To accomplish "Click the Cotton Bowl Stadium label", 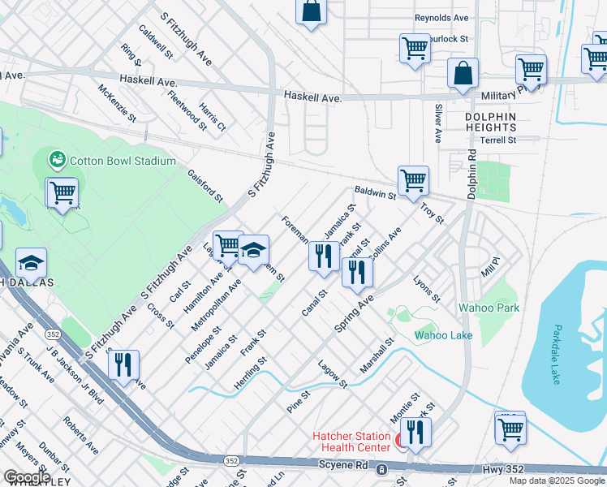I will pyautogui.click(x=123, y=161).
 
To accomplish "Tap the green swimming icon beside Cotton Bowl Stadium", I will pyautogui.click(x=58, y=160).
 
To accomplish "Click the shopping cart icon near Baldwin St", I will pyautogui.click(x=413, y=181).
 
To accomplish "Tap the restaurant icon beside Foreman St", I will pyautogui.click(x=324, y=256).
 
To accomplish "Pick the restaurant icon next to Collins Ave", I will pyautogui.click(x=356, y=273).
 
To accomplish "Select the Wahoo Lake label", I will pyautogui.click(x=443, y=334).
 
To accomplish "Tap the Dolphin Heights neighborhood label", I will pyautogui.click(x=490, y=123).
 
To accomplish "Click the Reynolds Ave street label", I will pyautogui.click(x=441, y=18).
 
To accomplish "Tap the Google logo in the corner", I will pyautogui.click(x=27, y=477).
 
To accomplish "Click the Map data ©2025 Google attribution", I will pyautogui.click(x=557, y=481).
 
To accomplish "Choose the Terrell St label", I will pyautogui.click(x=497, y=140).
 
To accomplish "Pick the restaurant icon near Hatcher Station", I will pyautogui.click(x=415, y=433).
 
